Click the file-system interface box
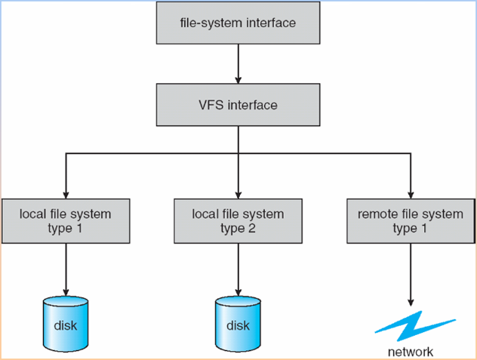coord(238,23)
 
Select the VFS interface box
coord(238,105)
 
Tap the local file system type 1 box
coord(65,221)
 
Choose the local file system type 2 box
coord(238,221)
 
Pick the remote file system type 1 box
coord(410,221)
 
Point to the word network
coord(411,351)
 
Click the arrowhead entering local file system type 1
coord(66,193)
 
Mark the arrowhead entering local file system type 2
coord(238,193)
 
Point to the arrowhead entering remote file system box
coord(410,193)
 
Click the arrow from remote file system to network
coord(410,272)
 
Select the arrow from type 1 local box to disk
coord(66,268)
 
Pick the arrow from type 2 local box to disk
coord(238,268)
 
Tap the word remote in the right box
coord(377,214)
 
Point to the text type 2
coord(238,229)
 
